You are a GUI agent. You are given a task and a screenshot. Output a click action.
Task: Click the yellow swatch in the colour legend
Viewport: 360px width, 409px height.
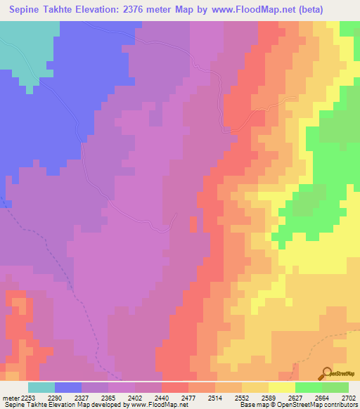point(281,388)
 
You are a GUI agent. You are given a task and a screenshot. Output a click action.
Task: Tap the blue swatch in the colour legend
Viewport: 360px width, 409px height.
point(67,388)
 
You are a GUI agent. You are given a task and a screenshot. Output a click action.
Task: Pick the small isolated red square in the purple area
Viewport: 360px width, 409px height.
point(192,223)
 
